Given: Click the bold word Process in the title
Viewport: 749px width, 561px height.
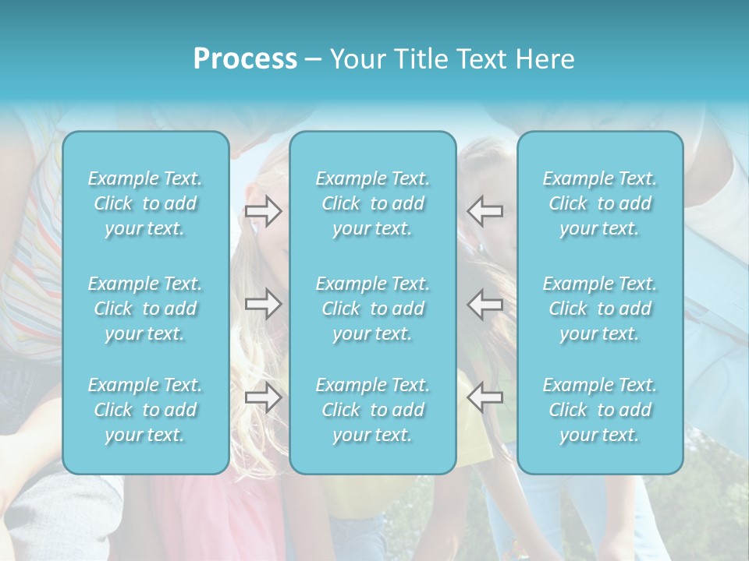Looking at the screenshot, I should [x=245, y=59].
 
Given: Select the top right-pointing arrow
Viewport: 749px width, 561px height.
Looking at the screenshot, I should [x=264, y=210].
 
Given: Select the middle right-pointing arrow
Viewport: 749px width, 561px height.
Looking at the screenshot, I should [x=264, y=303].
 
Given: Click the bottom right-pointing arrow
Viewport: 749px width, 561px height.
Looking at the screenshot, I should [x=264, y=397].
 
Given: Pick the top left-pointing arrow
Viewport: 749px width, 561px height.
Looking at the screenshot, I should [x=485, y=210].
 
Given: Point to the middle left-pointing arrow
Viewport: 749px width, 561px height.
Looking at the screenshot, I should [x=485, y=303].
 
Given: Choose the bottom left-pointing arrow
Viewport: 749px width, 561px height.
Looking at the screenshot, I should [x=485, y=397].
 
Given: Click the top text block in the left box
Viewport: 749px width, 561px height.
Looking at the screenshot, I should [x=145, y=203].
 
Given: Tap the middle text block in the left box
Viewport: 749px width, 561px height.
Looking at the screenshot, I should [x=145, y=309].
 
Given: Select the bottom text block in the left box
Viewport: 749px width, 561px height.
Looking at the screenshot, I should [x=145, y=410].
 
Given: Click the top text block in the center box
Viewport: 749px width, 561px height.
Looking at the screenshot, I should [x=373, y=203].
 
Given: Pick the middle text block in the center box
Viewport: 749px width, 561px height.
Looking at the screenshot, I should [x=373, y=309].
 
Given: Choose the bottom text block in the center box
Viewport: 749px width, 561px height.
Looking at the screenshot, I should [x=373, y=410].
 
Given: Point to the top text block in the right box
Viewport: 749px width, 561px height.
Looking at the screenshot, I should [x=600, y=203].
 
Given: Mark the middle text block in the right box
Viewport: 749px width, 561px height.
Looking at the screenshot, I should [x=600, y=309].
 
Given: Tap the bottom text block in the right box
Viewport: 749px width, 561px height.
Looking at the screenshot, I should [x=600, y=410].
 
